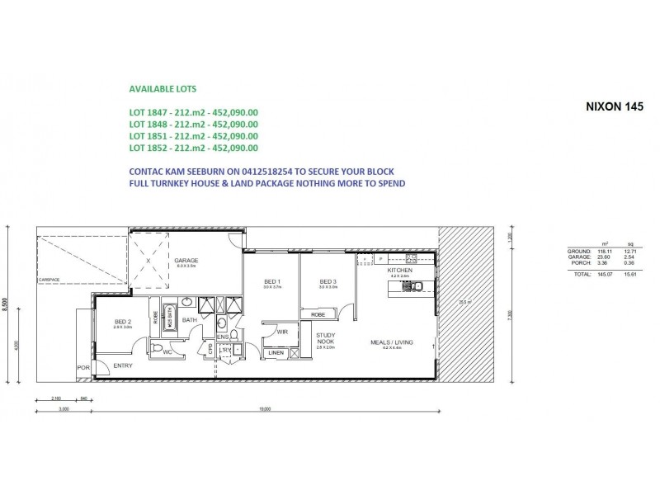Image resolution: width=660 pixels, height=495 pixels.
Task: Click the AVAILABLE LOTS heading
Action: pyautogui.click(x=163, y=87)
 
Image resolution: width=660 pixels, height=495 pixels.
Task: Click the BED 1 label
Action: pyautogui.click(x=272, y=282)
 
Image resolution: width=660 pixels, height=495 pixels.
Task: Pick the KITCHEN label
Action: pyautogui.click(x=399, y=270)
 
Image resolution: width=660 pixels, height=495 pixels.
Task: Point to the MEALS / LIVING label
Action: pyautogui.click(x=393, y=342)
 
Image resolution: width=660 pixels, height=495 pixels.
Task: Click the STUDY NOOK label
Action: pyautogui.click(x=325, y=337)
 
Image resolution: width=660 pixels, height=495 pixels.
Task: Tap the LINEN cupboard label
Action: pyautogui.click(x=275, y=353)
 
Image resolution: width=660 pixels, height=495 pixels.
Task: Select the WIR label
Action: pyautogui.click(x=281, y=332)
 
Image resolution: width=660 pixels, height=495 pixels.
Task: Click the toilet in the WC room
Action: pyautogui.click(x=158, y=350)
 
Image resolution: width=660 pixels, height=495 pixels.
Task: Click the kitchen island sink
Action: pyautogui.click(x=417, y=286)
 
